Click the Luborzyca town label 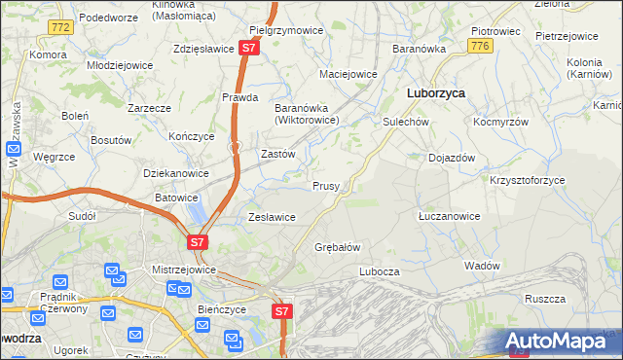pyautogui.click(x=433, y=93)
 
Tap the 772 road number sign pyautogui.click(x=60, y=28)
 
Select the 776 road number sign pyautogui.click(x=478, y=46)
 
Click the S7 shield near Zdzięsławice pyautogui.click(x=250, y=47)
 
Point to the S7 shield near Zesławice pyautogui.click(x=198, y=241)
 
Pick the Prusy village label pyautogui.click(x=325, y=186)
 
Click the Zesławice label pyautogui.click(x=273, y=217)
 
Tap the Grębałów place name pyautogui.click(x=338, y=247)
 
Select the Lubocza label pyautogui.click(x=380, y=271)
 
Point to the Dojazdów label pyautogui.click(x=452, y=157)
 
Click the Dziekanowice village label pyautogui.click(x=176, y=173)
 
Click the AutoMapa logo pyautogui.click(x=562, y=341)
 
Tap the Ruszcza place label pyautogui.click(x=545, y=299)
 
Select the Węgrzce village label pyautogui.click(x=54, y=156)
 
